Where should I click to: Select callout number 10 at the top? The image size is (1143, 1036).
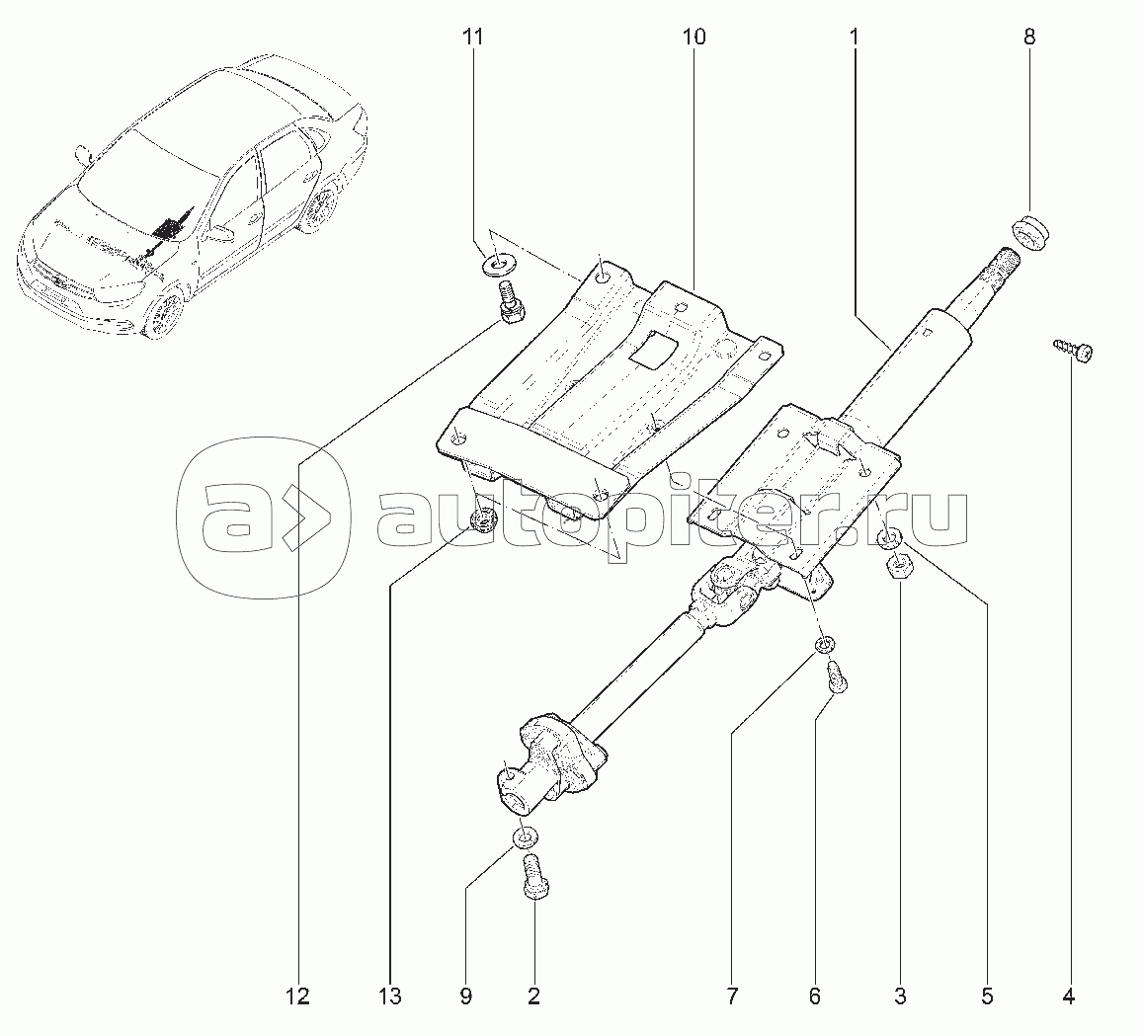[x=694, y=39]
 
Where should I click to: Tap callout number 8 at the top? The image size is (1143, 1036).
[x=1029, y=39]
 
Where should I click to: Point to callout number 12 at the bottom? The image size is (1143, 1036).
[x=297, y=996]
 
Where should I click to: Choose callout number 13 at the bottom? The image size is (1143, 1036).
[x=390, y=996]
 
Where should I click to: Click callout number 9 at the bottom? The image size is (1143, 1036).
[x=464, y=996]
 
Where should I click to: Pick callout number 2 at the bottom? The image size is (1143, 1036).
[x=533, y=996]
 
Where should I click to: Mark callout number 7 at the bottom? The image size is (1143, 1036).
[x=732, y=996]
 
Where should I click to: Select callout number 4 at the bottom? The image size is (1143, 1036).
[x=1067, y=996]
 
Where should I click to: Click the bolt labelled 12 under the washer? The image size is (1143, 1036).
[x=509, y=302]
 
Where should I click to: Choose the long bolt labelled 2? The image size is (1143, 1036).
[x=533, y=876]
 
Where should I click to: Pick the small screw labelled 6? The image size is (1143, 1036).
[x=836, y=679]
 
